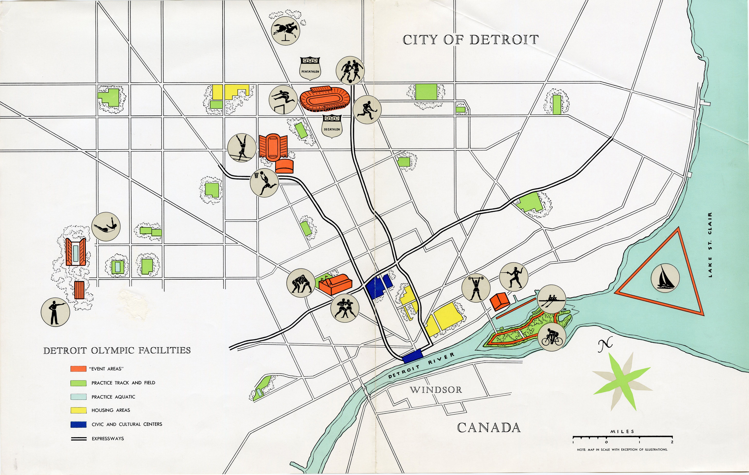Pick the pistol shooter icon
click(x=55, y=312)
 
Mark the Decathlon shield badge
click(x=332, y=126)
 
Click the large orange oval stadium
click(x=325, y=99)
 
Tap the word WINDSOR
click(x=436, y=390)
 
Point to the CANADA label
click(x=489, y=428)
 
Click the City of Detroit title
click(x=471, y=40)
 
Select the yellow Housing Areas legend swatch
click(x=78, y=410)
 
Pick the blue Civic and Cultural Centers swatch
click(x=78, y=424)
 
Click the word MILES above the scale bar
click(x=622, y=431)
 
